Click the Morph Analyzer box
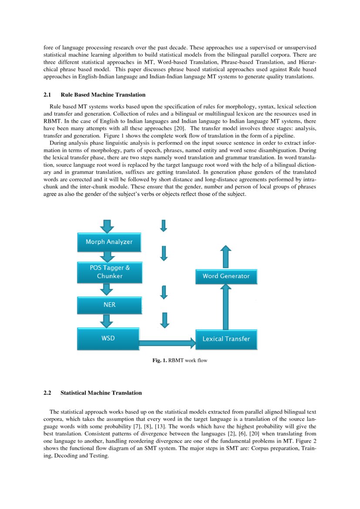coord(109,242)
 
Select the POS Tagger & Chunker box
coord(109,272)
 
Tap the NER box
coord(109,305)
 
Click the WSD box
coord(108,338)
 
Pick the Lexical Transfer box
coord(226,339)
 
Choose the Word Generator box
coord(226,276)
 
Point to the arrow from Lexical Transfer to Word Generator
coord(226,307)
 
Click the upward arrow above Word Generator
coord(226,257)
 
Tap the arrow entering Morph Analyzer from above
coord(107,226)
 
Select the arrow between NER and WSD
coord(107,321)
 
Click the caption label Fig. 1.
coord(159,361)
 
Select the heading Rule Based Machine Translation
coord(103,94)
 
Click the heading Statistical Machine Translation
coord(101,393)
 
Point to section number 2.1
coord(47,94)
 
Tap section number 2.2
coord(47,393)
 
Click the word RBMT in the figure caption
coord(176,361)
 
